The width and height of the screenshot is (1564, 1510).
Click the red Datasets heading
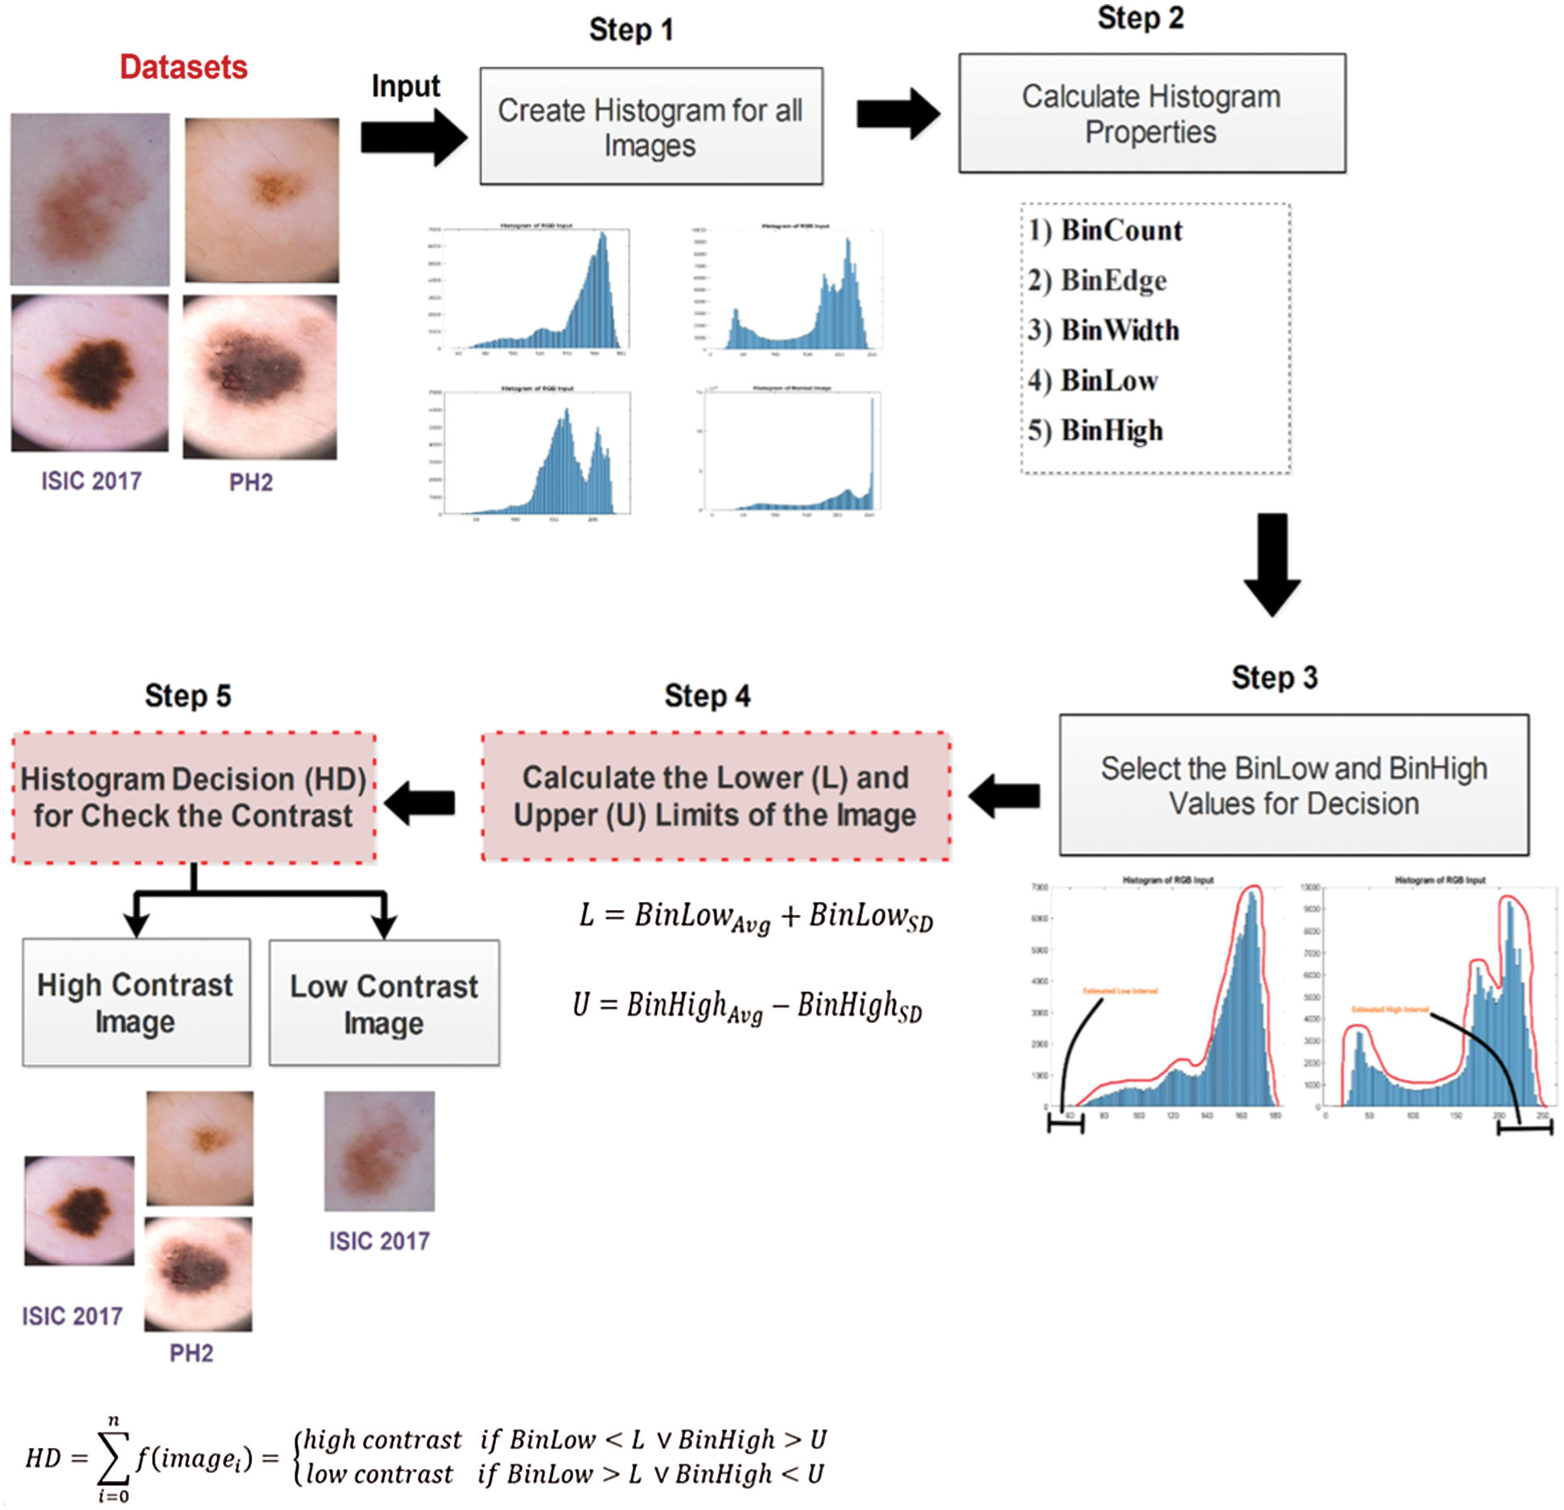pyautogui.click(x=184, y=68)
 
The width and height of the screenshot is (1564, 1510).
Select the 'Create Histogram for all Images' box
pyautogui.click(x=650, y=126)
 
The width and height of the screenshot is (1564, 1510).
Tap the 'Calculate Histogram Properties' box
pyautogui.click(x=1151, y=114)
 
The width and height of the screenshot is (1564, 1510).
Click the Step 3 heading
pyautogui.click(x=1274, y=678)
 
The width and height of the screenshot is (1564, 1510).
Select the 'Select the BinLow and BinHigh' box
pyautogui.click(x=1294, y=785)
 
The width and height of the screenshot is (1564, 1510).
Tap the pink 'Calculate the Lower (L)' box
pyautogui.click(x=716, y=796)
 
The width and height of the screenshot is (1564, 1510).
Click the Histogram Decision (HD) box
pyautogui.click(x=194, y=797)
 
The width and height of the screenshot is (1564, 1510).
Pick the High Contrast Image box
pyautogui.click(x=136, y=1003)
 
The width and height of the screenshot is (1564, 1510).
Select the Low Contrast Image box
pyautogui.click(x=384, y=1003)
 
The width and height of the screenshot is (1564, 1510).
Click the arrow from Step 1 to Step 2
pyautogui.click(x=898, y=114)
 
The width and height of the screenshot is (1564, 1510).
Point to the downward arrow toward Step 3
pyautogui.click(x=1272, y=565)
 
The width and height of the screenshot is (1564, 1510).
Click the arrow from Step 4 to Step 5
pyautogui.click(x=420, y=802)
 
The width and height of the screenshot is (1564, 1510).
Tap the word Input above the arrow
pyautogui.click(x=406, y=87)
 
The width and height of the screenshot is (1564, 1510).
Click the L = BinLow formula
pyautogui.click(x=756, y=917)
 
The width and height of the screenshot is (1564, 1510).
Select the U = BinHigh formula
pyautogui.click(x=747, y=1007)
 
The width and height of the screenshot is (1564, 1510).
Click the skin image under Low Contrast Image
pyautogui.click(x=379, y=1151)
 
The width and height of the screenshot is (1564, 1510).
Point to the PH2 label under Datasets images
pyautogui.click(x=251, y=482)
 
